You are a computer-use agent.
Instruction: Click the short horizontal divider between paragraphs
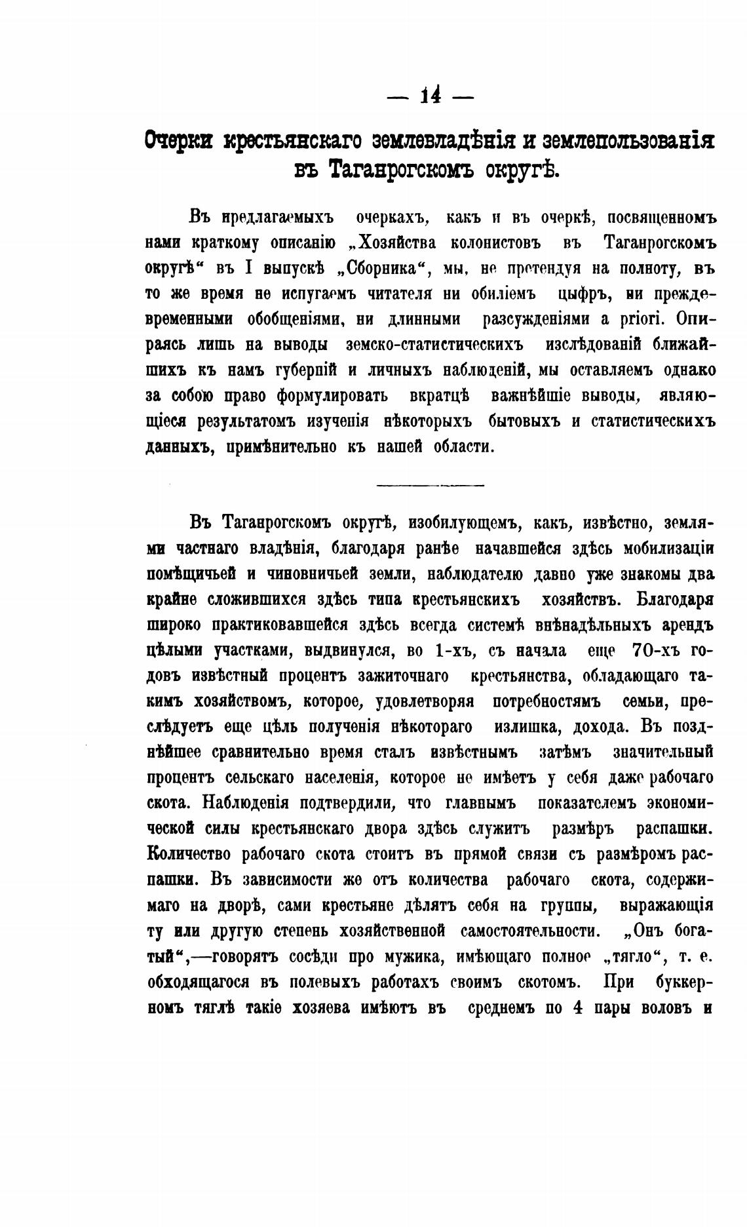pyautogui.click(x=431, y=485)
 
